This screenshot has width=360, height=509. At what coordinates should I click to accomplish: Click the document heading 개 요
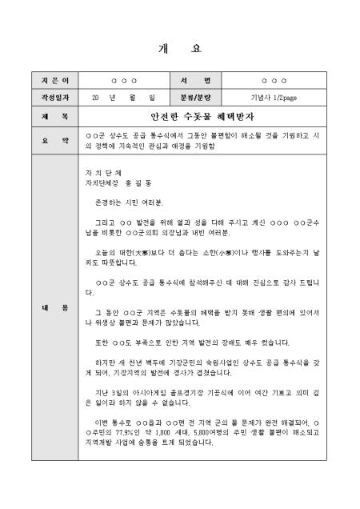(180, 47)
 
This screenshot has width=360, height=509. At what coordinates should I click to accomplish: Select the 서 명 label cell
(203, 82)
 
